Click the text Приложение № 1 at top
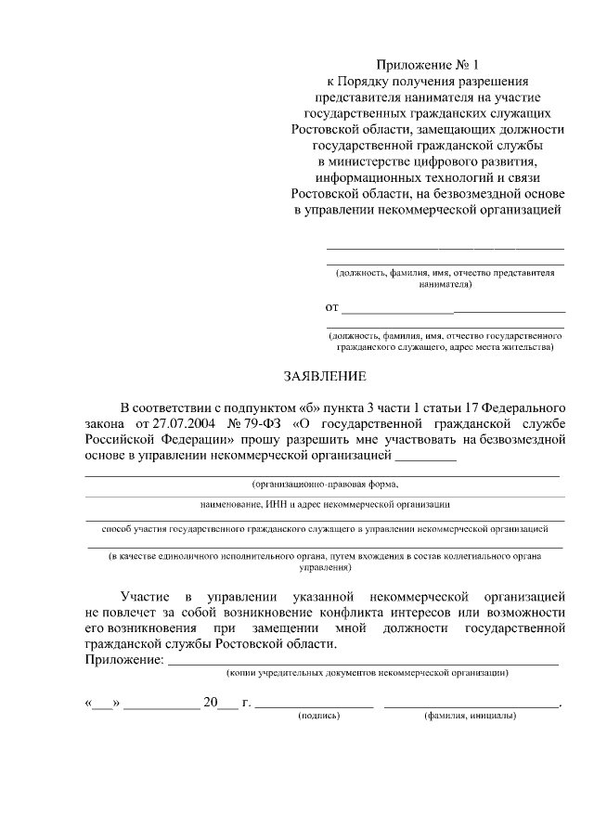click(x=428, y=65)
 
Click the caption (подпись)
click(x=318, y=716)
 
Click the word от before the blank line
click(x=331, y=306)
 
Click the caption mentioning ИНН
click(x=325, y=504)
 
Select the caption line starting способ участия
click(x=325, y=528)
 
